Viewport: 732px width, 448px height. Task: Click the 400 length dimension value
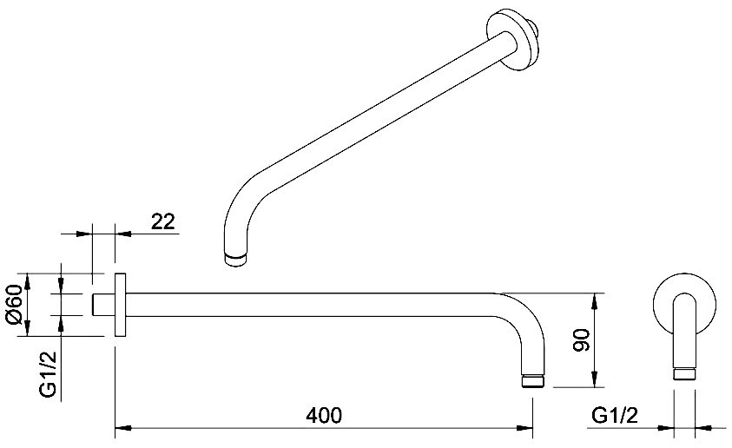point(324,415)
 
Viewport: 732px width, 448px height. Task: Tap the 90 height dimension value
point(582,340)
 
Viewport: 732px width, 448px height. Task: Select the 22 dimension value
point(163,221)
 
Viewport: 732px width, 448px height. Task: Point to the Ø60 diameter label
point(14,304)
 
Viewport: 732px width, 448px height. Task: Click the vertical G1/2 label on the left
point(48,374)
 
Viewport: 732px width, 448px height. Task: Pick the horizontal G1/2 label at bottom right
point(615,415)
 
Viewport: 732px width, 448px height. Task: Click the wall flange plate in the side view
point(120,305)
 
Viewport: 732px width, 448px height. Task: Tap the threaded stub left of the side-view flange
point(103,304)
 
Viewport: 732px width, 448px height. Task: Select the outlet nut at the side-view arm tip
point(532,380)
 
